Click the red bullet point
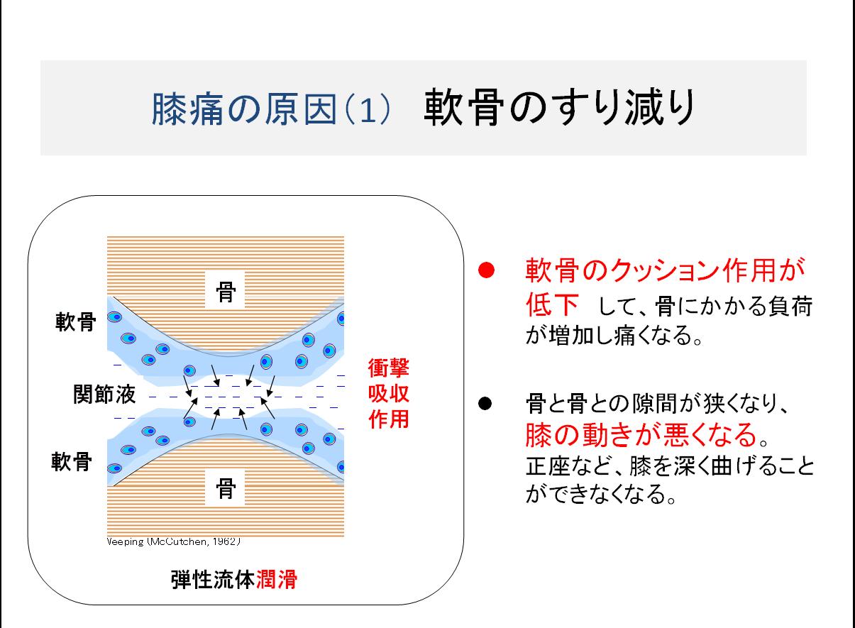coord(486,270)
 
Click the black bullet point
coord(485,403)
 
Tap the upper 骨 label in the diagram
coord(226,292)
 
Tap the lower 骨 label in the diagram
coord(226,488)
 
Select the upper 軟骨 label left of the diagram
coord(76,321)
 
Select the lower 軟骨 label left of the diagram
coord(72,461)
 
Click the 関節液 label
coord(104,394)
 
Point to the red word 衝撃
coord(389,368)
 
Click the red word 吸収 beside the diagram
coord(389,393)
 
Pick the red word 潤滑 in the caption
coord(277,580)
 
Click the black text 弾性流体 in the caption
coord(213,580)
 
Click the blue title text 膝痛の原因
coord(244,109)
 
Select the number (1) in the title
coord(368,110)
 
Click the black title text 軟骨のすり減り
coord(559,107)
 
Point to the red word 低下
coord(552,304)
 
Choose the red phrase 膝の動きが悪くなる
coord(641,434)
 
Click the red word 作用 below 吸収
coord(389,419)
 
